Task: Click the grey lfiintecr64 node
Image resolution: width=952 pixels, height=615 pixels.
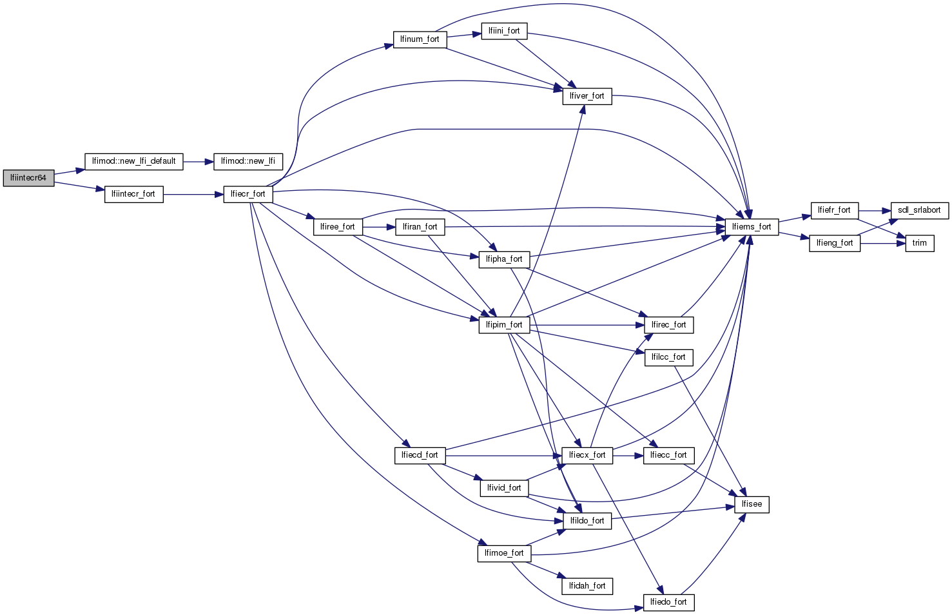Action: pos(28,178)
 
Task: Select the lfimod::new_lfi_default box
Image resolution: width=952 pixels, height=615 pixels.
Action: pos(134,161)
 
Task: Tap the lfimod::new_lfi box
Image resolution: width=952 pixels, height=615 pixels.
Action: pos(248,161)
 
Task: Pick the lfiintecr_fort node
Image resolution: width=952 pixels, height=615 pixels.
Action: pos(133,194)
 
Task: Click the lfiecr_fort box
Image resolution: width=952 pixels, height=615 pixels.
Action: pos(248,194)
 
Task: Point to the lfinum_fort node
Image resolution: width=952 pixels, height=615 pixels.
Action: pos(420,39)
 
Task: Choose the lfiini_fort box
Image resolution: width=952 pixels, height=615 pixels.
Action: pos(504,31)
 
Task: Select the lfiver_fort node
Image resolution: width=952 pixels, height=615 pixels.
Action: pos(587,96)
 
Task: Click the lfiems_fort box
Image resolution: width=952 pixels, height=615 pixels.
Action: pos(752,227)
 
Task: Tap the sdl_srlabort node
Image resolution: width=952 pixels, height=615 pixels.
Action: pos(919,210)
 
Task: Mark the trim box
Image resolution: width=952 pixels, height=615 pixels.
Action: pos(920,243)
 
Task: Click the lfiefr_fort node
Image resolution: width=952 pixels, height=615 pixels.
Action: pos(834,210)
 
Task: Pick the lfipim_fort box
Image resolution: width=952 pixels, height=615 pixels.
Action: pos(504,325)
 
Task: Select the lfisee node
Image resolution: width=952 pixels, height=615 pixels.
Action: pos(752,504)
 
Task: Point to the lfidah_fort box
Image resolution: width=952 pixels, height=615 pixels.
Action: pos(587,586)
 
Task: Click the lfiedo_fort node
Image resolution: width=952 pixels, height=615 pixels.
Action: pos(668,602)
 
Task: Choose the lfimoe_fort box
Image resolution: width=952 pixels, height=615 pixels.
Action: pos(504,553)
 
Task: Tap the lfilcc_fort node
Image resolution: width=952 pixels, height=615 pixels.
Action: pos(668,357)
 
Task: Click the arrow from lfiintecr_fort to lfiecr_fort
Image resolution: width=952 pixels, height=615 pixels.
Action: pos(193,194)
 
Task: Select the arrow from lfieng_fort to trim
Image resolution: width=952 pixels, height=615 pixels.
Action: pos(882,243)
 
